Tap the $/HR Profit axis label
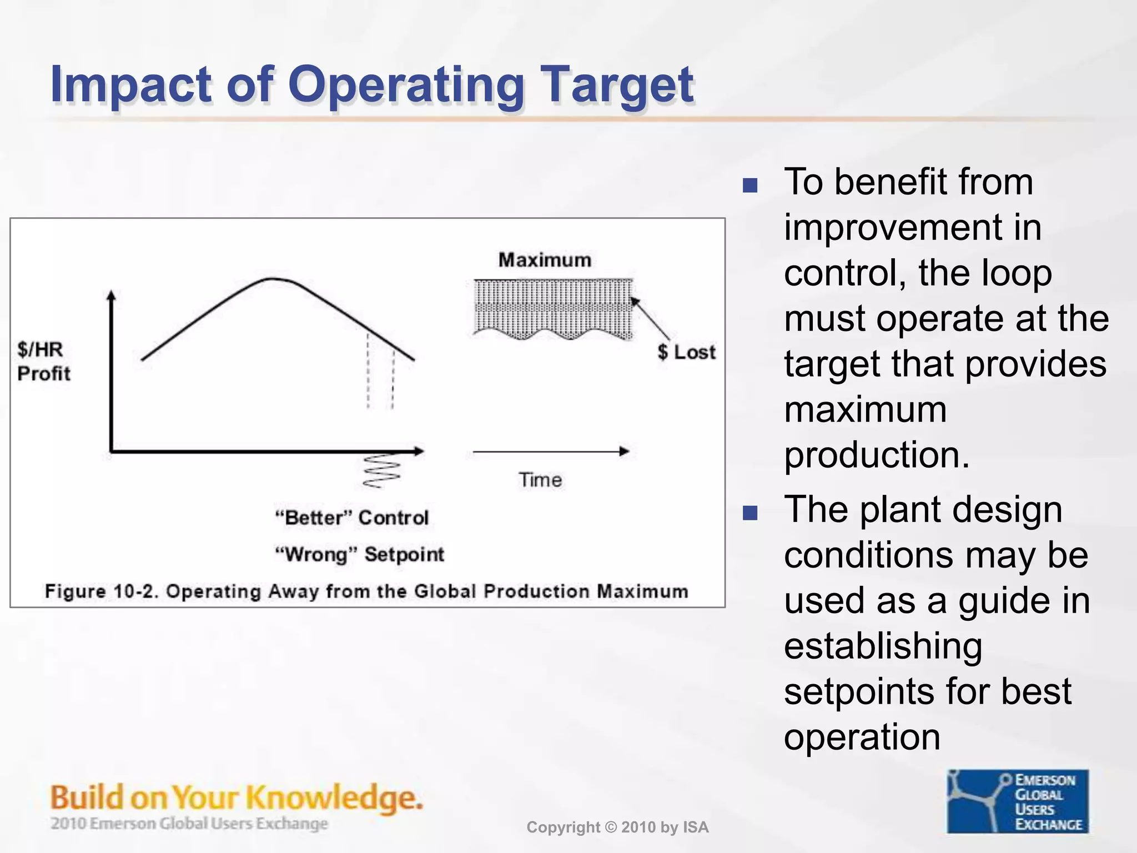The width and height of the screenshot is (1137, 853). tap(43, 362)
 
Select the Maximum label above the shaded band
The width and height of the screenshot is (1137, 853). tap(545, 260)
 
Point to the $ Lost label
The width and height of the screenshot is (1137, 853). tap(686, 352)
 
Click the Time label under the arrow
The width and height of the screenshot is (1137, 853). tap(540, 480)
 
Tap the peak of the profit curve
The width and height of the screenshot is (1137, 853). tap(272, 279)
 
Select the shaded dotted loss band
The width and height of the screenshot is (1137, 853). tap(553, 308)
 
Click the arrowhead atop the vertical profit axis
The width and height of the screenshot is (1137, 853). tap(112, 295)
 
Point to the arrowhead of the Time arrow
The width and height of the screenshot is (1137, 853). tap(625, 451)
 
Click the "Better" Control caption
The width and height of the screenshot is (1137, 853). tap(352, 518)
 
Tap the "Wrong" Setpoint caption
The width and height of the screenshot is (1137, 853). tap(360, 554)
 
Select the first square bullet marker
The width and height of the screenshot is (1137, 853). tap(750, 185)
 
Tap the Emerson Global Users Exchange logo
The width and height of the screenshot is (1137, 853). tap(1018, 801)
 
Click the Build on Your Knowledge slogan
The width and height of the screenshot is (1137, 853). tap(237, 797)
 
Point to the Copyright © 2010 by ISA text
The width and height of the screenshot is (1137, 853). tap(617, 827)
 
